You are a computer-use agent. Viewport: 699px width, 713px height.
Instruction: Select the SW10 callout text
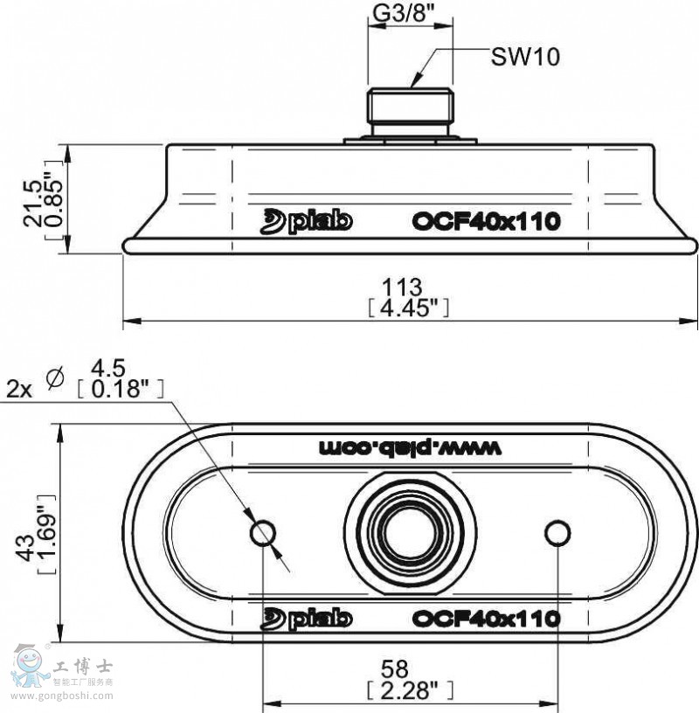tap(525, 58)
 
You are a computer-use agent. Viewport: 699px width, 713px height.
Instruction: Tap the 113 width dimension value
tap(402, 287)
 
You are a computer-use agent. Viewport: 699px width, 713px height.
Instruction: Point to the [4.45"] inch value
tap(408, 308)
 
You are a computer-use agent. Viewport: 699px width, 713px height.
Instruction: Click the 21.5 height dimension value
tap(32, 204)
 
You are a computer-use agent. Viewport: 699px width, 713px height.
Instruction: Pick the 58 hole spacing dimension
tap(395, 669)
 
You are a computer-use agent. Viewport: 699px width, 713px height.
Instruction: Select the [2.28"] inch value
tap(410, 690)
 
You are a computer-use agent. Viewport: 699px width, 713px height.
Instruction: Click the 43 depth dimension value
tap(25, 549)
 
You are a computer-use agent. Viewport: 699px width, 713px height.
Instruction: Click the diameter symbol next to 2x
tap(55, 378)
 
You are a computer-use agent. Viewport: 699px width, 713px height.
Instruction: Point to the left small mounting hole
tap(263, 533)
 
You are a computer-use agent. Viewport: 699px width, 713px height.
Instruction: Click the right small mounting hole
tap(557, 532)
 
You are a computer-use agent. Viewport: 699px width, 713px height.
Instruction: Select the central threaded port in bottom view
tap(410, 533)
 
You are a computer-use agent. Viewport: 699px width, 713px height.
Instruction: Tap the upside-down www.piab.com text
tap(410, 448)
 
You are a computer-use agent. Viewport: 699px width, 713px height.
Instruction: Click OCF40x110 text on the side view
tap(486, 221)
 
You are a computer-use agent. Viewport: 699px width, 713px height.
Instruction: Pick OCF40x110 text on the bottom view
tap(486, 619)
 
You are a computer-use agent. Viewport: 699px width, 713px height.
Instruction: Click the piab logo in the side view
tap(306, 221)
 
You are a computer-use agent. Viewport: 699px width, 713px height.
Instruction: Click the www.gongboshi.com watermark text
tap(62, 696)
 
